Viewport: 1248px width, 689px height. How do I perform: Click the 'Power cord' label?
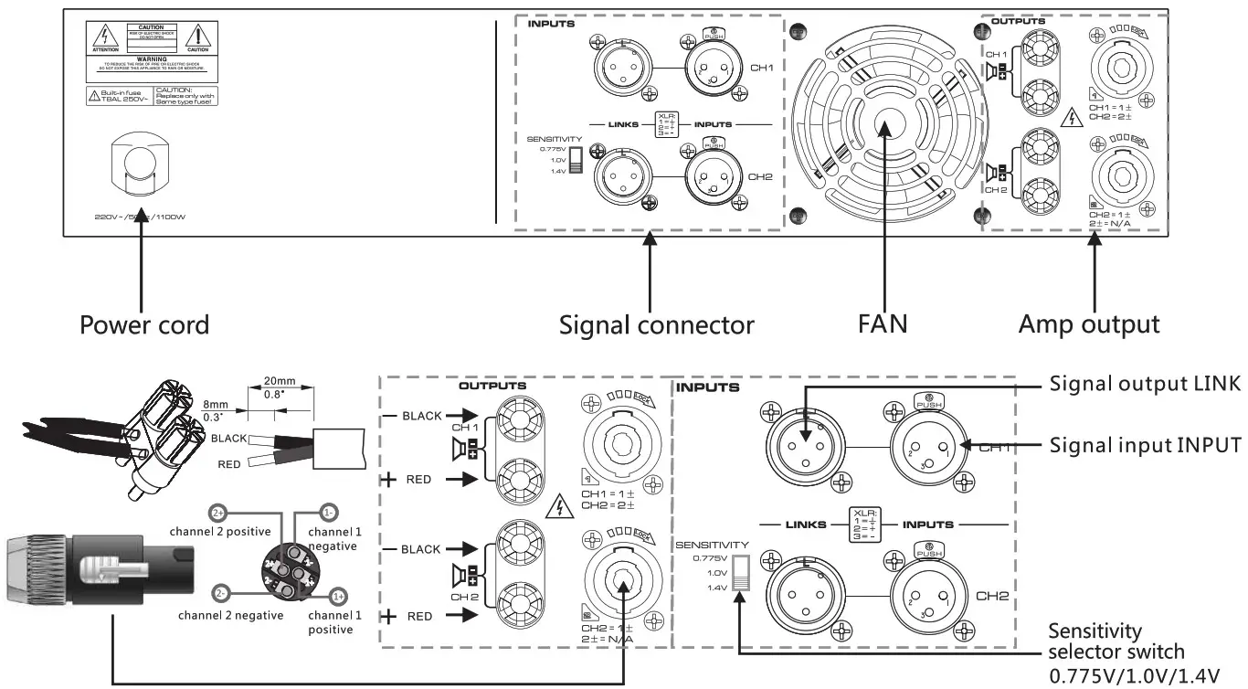tap(144, 324)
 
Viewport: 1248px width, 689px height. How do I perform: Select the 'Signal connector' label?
tap(657, 324)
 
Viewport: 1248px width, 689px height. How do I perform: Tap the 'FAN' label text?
tap(882, 324)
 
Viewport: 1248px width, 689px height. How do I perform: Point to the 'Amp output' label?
tap(1089, 324)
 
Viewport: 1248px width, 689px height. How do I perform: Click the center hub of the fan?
tap(885, 128)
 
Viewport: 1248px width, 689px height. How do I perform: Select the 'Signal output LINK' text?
tap(1146, 384)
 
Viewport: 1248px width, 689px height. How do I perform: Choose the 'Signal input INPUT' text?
tap(1146, 445)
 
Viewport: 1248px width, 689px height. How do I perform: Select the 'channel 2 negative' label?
tap(230, 615)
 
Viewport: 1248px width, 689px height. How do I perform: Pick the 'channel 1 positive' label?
tap(331, 622)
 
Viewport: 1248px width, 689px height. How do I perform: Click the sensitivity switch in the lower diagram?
tap(740, 573)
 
